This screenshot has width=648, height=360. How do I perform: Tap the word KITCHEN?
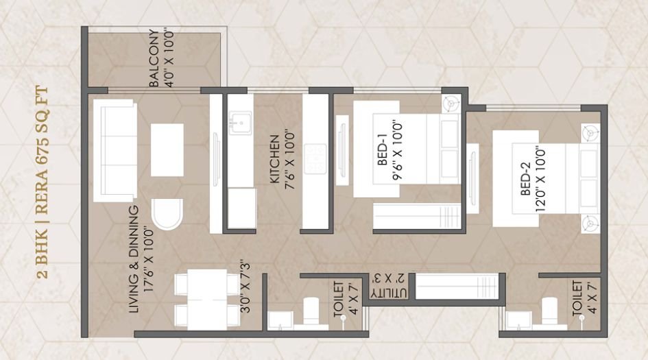273,160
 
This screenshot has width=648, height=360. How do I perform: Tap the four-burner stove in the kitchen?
316,158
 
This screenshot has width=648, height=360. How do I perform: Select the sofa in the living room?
114,152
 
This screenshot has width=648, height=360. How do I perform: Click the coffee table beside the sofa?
167,150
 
